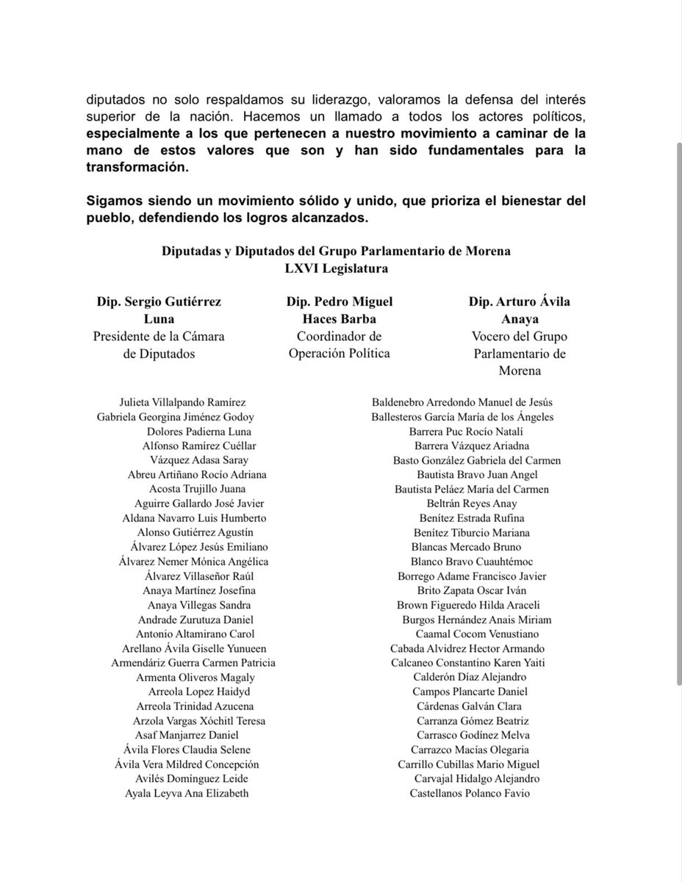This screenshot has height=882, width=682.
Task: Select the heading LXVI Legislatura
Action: pos(337,269)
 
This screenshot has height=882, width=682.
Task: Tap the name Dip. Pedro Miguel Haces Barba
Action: pos(339,309)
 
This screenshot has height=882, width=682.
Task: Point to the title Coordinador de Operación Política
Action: pos(339,345)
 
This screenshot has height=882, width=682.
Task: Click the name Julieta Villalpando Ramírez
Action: pos(182,402)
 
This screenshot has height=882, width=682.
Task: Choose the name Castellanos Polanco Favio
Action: pos(470,794)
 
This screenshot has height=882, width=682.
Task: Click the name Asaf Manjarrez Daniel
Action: pos(187,735)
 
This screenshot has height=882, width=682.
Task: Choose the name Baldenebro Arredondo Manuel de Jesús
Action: pos(463,402)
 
